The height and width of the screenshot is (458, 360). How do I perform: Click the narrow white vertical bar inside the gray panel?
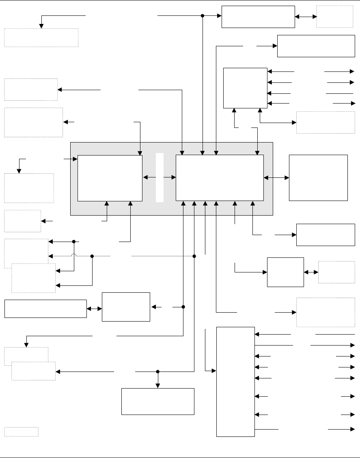160,177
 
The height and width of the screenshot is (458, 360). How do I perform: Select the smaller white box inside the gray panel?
110,178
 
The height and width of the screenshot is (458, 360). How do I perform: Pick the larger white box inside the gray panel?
220,178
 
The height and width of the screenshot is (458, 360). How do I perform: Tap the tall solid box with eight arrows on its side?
235,381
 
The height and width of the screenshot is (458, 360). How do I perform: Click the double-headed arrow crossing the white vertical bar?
160,177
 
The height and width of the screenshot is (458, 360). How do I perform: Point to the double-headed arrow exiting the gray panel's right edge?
276,177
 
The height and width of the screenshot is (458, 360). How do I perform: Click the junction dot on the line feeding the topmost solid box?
203,16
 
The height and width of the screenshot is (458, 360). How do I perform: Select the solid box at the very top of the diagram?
258,17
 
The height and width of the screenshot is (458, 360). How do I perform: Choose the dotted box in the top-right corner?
334,17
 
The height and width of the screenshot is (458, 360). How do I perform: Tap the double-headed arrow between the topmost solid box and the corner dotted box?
306,17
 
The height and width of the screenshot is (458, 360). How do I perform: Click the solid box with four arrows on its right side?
245,88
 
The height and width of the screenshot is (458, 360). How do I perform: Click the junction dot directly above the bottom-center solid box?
158,372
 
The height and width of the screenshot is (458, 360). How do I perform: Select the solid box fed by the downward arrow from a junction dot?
158,401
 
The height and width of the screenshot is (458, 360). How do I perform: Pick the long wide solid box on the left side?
45,309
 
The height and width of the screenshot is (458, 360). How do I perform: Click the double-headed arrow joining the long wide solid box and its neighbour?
94,309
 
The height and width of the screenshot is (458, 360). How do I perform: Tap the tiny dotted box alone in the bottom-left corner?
21,431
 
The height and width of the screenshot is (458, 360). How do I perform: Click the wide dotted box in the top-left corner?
41,38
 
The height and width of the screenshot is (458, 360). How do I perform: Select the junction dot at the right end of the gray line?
194,256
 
